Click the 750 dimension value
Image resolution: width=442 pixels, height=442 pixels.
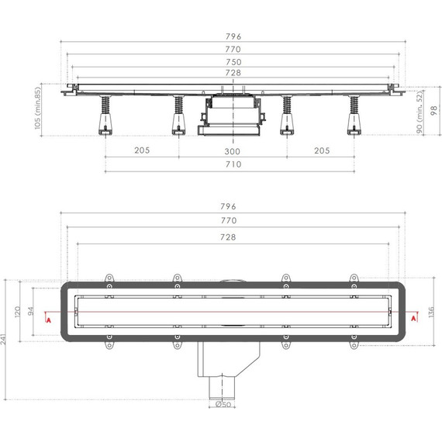tap(233, 61)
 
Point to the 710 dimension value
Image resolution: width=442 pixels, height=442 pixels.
tap(233, 164)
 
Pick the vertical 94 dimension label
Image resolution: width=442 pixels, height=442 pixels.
tap(32, 312)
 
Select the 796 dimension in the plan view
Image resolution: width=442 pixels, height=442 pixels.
tap(228, 207)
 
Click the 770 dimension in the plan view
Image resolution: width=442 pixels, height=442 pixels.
tap(228, 221)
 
